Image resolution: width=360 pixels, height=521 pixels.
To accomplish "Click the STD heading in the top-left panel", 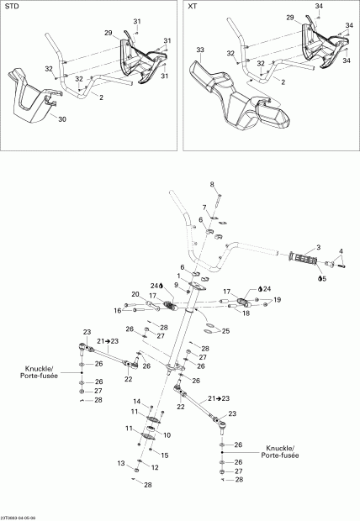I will tap(13, 7).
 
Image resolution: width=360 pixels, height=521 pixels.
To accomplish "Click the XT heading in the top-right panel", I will tap(193, 7).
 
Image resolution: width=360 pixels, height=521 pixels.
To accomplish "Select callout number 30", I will tap(61, 118).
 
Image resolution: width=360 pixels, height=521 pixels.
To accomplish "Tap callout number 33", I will tap(200, 50).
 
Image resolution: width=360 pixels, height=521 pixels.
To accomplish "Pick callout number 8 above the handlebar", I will tap(212, 184).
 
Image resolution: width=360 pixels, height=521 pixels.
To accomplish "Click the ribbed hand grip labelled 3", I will tap(300, 255).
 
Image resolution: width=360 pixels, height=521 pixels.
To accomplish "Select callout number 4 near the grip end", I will tap(341, 250).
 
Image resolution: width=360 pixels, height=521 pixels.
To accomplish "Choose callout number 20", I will tap(135, 293).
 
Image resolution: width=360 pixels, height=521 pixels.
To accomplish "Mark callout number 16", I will tap(119, 310).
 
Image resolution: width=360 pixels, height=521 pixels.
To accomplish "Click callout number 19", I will tap(278, 299).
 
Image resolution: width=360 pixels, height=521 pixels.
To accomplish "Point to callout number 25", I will tap(225, 330).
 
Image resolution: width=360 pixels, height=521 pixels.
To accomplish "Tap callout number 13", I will tap(121, 463).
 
